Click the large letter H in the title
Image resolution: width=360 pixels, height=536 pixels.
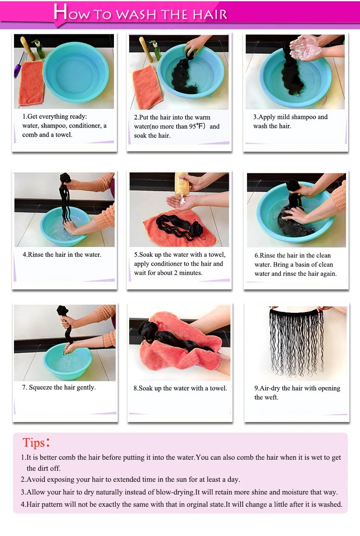pyautogui.click(x=61, y=12)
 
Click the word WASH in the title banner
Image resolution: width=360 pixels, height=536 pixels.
pyautogui.click(x=136, y=15)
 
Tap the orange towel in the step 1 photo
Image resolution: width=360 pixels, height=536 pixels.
pyautogui.click(x=31, y=83)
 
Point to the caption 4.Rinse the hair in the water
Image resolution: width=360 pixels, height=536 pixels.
pyautogui.click(x=62, y=255)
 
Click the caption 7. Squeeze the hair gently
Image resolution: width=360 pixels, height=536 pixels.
pyautogui.click(x=59, y=387)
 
